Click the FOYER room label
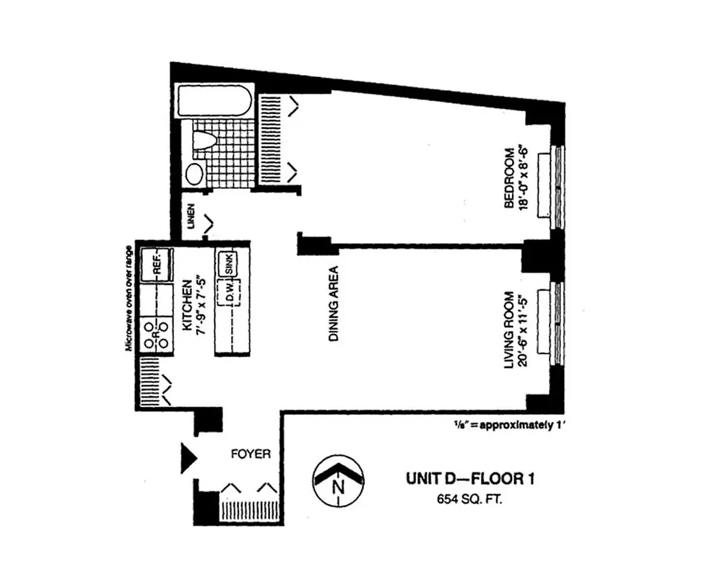pyautogui.click(x=251, y=454)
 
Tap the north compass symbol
pyautogui.click(x=337, y=480)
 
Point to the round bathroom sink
pyautogui.click(x=194, y=173)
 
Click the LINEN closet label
pyautogui.click(x=191, y=219)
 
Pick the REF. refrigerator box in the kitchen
pyautogui.click(x=157, y=263)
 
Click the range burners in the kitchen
pyautogui.click(x=157, y=333)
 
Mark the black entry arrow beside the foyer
pyautogui.click(x=188, y=457)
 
